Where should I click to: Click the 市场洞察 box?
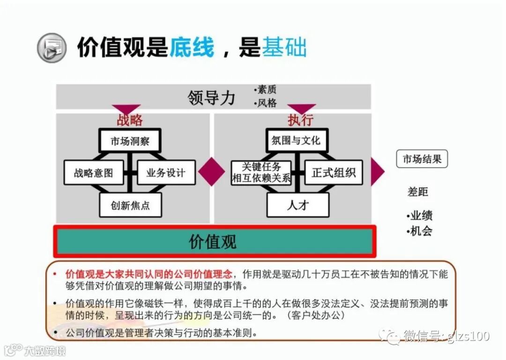130,140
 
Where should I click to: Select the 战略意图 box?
94,172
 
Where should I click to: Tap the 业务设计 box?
166,172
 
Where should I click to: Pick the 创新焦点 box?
130,205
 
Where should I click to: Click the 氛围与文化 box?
296,140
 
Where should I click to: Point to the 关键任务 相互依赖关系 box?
261,172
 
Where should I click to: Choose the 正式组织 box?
334,172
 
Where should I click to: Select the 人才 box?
298,205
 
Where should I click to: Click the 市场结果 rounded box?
422,159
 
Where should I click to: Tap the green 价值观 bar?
214,242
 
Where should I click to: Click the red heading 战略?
130,120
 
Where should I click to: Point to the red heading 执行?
300,120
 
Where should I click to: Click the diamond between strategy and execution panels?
211,172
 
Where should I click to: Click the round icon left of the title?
52,48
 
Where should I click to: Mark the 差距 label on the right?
418,192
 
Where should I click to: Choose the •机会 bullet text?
419,231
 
